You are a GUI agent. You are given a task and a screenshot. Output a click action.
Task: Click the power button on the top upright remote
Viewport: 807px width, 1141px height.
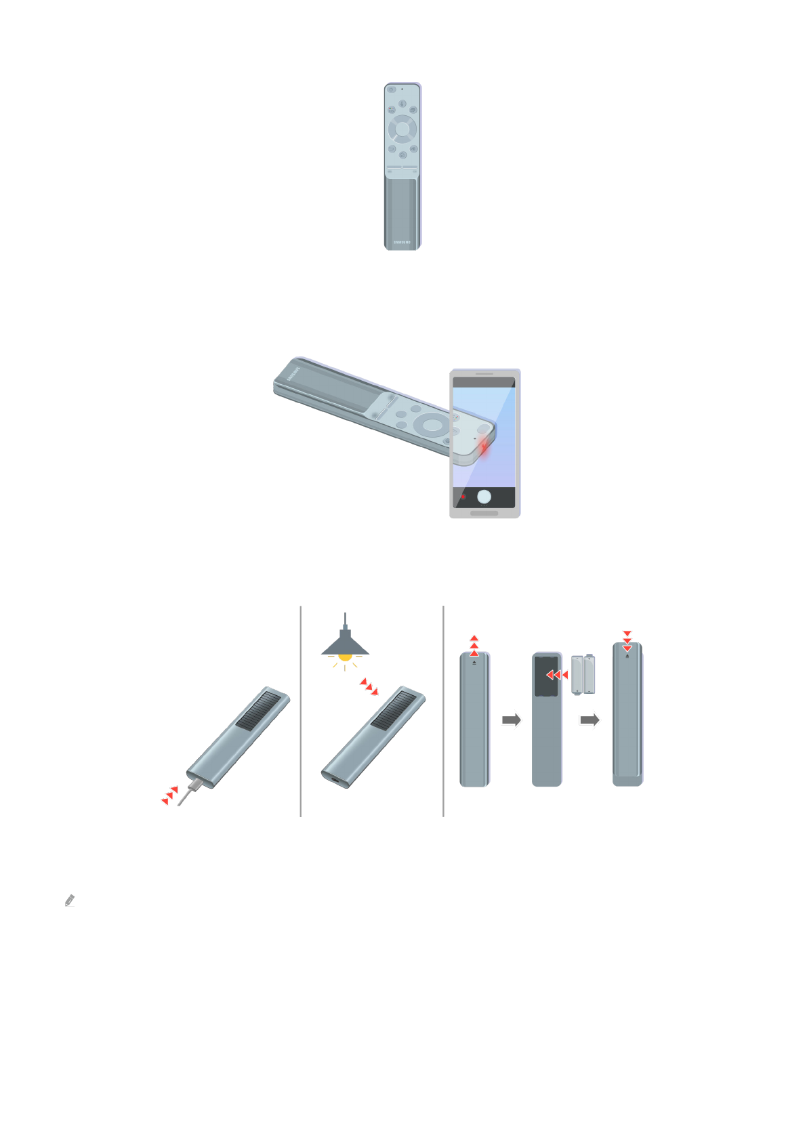391,89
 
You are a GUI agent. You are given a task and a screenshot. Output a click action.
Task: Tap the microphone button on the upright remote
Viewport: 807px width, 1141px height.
402,104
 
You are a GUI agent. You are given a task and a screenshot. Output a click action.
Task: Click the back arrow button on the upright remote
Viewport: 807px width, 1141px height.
392,148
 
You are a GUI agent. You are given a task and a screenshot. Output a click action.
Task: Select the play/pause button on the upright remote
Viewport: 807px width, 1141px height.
413,148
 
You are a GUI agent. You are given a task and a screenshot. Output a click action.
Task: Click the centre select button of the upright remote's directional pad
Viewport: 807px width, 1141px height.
402,128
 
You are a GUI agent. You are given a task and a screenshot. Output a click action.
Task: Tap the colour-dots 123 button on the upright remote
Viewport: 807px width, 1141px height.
392,110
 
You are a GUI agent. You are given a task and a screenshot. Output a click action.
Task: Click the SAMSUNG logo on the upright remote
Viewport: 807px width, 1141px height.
402,242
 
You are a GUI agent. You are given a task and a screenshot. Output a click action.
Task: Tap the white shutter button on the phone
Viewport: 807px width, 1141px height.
484,497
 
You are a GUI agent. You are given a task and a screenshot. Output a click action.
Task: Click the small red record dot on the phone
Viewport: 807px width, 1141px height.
463,497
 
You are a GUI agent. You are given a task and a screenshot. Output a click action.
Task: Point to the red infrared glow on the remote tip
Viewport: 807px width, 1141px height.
484,447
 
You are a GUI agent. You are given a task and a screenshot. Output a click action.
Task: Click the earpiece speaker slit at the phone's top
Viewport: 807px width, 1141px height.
484,373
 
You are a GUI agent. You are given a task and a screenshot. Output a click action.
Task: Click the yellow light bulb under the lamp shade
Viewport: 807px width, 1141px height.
345,657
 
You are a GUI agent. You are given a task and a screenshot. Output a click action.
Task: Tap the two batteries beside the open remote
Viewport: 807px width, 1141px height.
583,674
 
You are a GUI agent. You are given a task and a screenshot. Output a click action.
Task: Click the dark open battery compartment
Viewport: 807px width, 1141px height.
546,676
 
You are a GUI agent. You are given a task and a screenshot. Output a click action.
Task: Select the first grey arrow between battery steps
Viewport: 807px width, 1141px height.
512,720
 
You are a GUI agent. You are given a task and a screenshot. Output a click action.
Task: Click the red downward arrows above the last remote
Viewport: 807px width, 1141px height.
627,641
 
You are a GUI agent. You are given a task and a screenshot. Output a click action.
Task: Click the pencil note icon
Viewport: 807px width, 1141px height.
69,900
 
